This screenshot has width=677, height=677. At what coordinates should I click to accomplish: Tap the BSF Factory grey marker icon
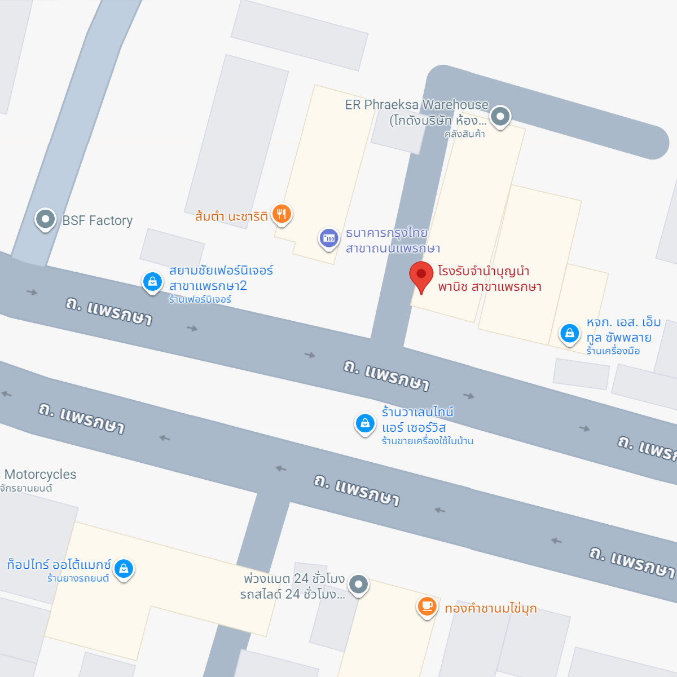[45, 219]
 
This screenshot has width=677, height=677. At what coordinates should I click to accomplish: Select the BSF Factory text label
[98, 220]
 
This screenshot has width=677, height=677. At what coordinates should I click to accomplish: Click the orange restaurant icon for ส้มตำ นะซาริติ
[282, 214]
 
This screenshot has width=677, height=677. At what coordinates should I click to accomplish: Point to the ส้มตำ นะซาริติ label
[231, 216]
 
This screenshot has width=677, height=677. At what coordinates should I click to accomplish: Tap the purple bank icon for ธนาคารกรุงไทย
[328, 238]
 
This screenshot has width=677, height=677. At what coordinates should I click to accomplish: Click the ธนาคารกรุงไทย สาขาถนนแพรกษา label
[393, 241]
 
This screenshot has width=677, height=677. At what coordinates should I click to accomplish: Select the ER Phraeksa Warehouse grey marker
[500, 117]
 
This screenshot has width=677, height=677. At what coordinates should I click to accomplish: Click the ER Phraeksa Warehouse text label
[416, 112]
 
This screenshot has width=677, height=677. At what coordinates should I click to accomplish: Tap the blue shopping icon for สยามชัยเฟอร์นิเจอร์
[152, 281]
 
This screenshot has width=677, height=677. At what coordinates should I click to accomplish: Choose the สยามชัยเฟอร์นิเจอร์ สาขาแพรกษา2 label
[221, 278]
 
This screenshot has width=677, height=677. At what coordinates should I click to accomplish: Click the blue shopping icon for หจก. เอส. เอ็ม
[570, 333]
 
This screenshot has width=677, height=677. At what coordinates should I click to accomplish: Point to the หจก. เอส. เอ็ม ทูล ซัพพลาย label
[623, 330]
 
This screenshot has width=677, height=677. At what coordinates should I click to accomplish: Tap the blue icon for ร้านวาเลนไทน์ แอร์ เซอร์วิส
[365, 423]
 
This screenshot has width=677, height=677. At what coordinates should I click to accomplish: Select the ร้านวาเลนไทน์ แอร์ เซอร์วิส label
[417, 420]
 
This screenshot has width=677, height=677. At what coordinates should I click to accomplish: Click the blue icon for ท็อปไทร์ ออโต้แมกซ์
[124, 568]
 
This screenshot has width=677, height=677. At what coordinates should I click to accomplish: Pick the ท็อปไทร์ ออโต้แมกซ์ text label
[59, 565]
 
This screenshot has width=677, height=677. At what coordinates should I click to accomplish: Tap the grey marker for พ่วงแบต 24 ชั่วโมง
[358, 584]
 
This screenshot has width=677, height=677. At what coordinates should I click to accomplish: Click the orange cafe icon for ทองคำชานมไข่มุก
[427, 607]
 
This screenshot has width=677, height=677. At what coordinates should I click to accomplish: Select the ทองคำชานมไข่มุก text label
[490, 608]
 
